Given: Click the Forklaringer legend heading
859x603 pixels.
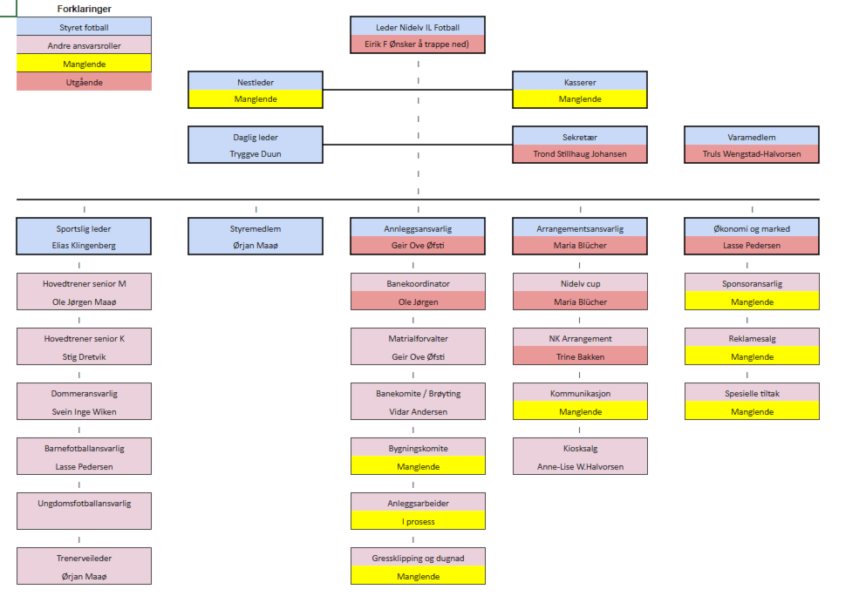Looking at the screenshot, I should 84,9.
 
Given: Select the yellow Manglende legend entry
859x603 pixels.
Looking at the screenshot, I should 84,64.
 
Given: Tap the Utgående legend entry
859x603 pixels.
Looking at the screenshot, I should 84,82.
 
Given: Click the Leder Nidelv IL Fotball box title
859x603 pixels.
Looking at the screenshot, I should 418,28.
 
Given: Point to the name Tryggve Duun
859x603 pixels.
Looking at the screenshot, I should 256,154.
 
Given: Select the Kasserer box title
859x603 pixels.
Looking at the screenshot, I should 580,83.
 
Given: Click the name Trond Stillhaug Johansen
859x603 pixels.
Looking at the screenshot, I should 580,154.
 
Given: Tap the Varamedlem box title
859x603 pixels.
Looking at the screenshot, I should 752,138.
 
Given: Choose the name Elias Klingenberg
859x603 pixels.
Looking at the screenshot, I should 84,246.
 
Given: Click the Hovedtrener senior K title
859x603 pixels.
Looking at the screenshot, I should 84,339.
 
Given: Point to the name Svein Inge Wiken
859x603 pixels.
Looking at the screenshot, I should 84,412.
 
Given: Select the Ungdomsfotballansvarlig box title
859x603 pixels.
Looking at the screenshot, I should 84,504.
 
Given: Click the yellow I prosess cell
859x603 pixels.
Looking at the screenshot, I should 418,522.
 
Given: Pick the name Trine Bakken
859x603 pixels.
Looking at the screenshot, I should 580,356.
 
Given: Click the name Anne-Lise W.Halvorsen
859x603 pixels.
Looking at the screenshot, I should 580,467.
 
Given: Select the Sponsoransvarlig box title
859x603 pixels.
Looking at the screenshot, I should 752,284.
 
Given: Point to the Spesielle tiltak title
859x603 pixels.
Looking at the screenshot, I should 752,394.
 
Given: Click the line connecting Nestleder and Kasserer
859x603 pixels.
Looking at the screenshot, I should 418,89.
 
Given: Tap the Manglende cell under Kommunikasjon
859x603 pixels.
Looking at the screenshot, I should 580,411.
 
